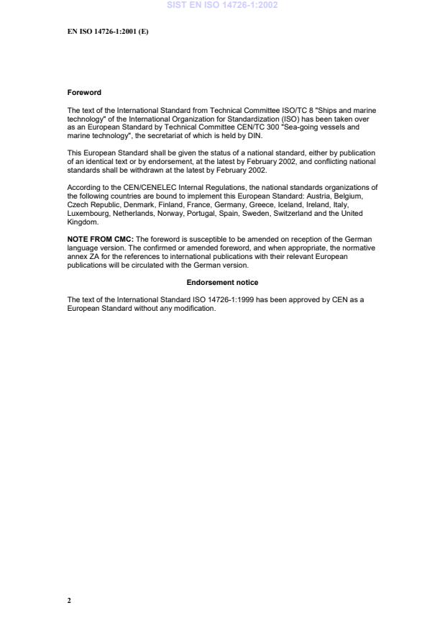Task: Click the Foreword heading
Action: tap(84, 93)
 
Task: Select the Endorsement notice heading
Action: tap(222, 283)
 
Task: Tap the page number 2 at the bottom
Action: tap(69, 600)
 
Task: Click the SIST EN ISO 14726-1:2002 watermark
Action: tap(222, 5)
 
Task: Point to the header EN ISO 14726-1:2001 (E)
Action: tap(108, 32)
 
